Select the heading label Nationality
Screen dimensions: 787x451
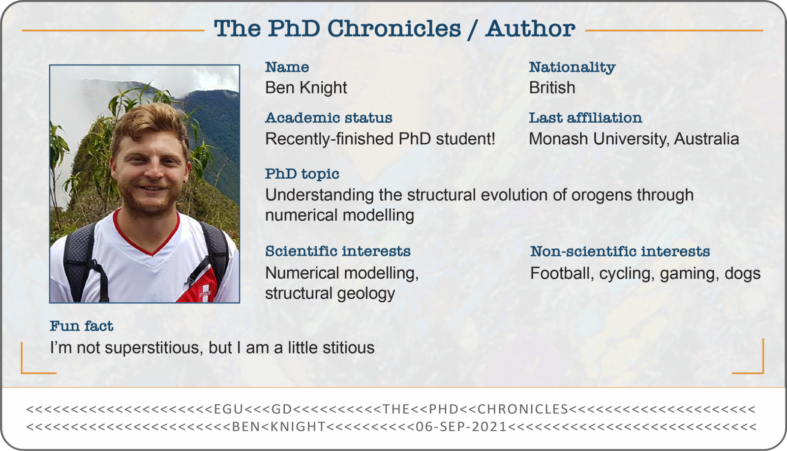(x=572, y=67)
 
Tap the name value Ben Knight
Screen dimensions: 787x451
(x=306, y=88)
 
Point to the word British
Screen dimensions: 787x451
(x=552, y=88)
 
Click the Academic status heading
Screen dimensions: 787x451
(x=329, y=118)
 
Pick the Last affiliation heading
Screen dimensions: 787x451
(x=585, y=118)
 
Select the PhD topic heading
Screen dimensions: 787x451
(x=302, y=174)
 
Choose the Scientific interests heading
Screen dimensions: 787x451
(x=337, y=251)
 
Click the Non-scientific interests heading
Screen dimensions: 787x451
(x=620, y=252)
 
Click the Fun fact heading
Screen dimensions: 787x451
(x=81, y=326)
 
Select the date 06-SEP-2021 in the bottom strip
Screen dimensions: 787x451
(x=461, y=427)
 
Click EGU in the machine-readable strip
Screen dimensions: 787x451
(x=228, y=409)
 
